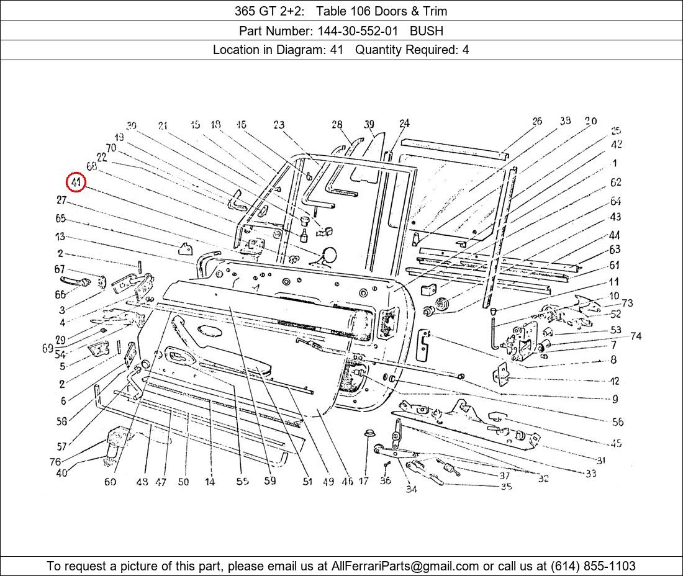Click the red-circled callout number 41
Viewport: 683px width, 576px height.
(x=76, y=182)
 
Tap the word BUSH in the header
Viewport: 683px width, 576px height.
(x=427, y=30)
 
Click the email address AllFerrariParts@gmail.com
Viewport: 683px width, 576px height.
(x=414, y=566)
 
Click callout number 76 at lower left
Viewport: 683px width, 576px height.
(x=56, y=462)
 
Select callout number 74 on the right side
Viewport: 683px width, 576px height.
(x=635, y=336)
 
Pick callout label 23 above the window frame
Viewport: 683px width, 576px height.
(x=279, y=125)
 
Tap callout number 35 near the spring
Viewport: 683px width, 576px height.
(x=506, y=487)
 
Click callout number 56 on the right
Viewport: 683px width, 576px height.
(x=617, y=422)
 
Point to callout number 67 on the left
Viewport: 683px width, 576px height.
(x=60, y=269)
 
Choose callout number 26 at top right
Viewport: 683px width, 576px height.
(x=537, y=121)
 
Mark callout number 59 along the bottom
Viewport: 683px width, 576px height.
(x=269, y=480)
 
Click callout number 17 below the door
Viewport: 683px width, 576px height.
(x=364, y=481)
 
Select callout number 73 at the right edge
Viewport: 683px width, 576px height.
(x=627, y=303)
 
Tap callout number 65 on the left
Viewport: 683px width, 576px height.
(x=60, y=218)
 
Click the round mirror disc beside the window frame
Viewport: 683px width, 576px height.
(x=329, y=255)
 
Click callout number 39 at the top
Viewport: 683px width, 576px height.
(x=369, y=125)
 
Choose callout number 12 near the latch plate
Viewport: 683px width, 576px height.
(x=614, y=380)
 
